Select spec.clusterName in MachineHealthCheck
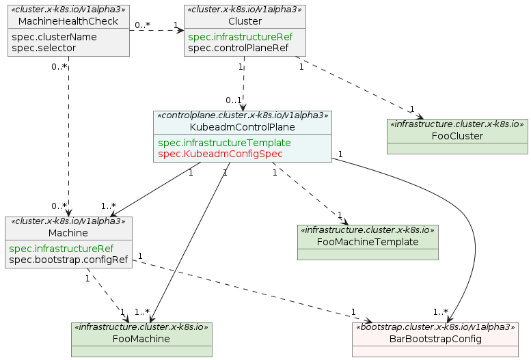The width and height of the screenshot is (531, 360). click(x=54, y=37)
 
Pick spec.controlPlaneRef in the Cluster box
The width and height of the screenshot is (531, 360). click(x=238, y=48)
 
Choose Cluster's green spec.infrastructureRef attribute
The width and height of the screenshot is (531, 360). click(x=240, y=37)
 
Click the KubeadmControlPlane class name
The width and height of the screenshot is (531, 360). click(x=242, y=127)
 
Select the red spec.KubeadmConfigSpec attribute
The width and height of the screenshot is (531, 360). click(x=220, y=154)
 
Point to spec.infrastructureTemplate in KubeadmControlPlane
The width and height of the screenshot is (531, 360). click(x=224, y=143)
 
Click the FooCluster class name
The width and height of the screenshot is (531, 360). click(x=457, y=136)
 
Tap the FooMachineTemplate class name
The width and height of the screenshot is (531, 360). click(x=368, y=241)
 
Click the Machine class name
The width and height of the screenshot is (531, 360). click(x=68, y=233)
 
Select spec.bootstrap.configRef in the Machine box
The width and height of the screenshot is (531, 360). click(x=68, y=260)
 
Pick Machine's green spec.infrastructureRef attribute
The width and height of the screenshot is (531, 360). click(x=61, y=249)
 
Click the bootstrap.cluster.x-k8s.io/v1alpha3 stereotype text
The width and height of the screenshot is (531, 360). click(x=435, y=327)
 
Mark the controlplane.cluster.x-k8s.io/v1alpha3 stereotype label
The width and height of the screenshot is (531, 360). click(x=242, y=116)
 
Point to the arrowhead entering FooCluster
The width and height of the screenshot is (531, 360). click(x=419, y=118)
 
